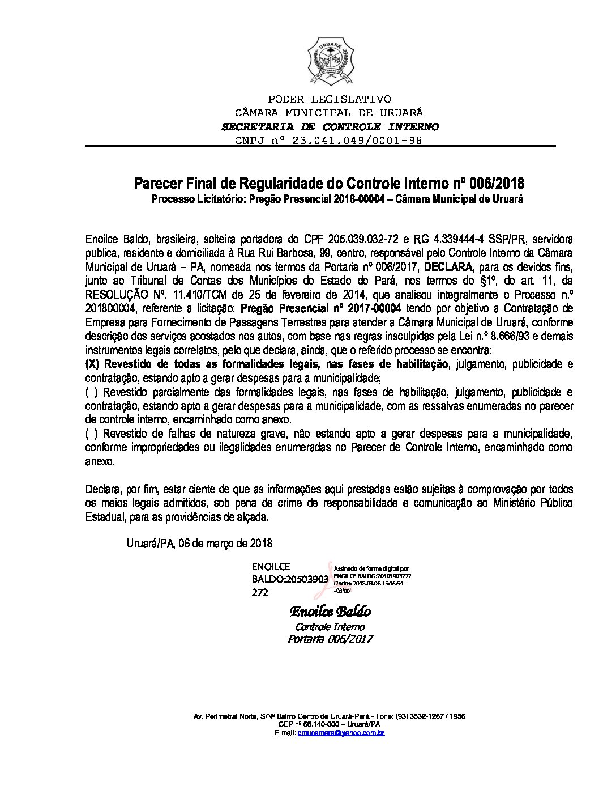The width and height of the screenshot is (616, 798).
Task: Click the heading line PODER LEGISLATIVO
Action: (329, 100)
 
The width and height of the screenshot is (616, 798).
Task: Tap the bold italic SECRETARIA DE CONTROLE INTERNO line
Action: (330, 126)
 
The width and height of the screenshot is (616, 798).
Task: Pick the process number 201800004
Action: (111, 309)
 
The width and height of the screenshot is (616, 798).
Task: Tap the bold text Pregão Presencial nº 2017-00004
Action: (320, 309)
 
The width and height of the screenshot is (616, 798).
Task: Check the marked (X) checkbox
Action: (93, 364)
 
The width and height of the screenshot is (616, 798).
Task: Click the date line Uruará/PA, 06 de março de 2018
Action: (199, 543)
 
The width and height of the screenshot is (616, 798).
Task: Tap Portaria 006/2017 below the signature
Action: (330, 639)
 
